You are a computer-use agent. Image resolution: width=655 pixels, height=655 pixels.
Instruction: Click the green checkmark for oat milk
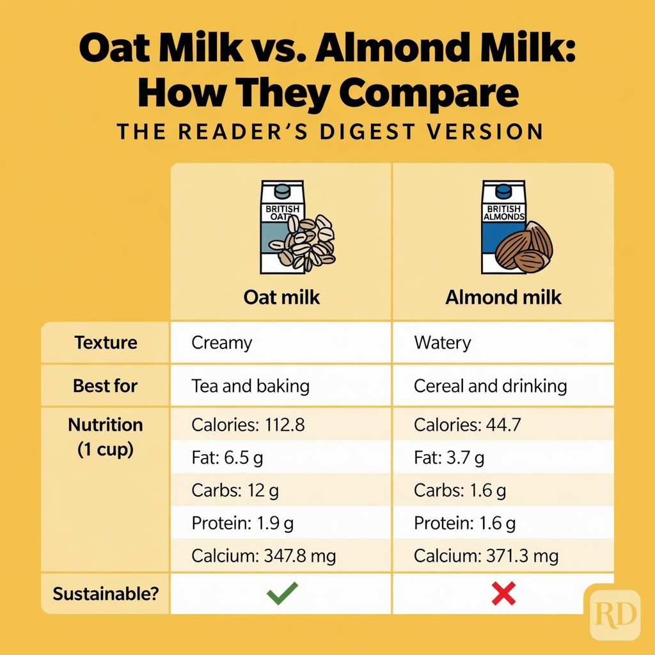[281, 594]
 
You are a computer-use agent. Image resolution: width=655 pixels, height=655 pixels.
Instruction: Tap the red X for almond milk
[503, 594]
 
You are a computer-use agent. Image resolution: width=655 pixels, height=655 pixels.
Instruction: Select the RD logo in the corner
[615, 615]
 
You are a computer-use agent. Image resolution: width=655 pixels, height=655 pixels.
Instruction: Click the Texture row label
[106, 343]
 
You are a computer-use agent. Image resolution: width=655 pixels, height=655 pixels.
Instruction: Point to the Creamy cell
[222, 343]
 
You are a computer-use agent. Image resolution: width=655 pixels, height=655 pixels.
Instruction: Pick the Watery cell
[443, 343]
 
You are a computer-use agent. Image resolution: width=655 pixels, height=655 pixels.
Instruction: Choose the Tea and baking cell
[251, 386]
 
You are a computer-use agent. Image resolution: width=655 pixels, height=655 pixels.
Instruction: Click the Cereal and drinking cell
[491, 386]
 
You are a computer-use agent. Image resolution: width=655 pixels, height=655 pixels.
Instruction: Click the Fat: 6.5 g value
[226, 458]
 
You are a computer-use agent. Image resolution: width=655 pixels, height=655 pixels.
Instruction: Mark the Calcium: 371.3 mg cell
[486, 556]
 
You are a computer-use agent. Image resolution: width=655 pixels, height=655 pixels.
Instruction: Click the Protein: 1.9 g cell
[242, 523]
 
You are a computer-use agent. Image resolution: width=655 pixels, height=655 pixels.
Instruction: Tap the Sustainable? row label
[106, 594]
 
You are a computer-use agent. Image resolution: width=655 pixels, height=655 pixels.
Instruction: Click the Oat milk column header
[281, 297]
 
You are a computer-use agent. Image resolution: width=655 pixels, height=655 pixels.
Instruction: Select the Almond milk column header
[503, 297]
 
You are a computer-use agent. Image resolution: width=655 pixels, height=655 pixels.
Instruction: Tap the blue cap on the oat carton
[281, 191]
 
